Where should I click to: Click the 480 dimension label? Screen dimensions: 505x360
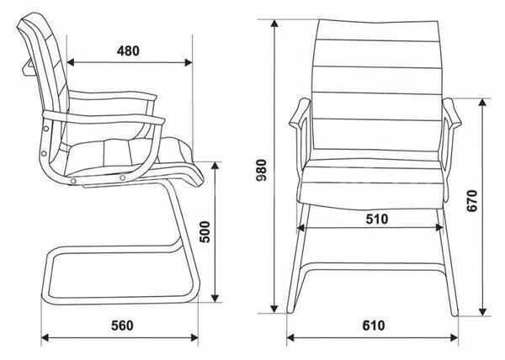point(128,50)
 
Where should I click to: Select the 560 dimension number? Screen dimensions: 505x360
point(122,326)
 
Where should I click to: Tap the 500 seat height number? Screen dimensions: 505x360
point(205,231)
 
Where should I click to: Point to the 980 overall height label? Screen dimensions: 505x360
point(261,170)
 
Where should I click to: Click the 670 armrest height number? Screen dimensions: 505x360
point(472,201)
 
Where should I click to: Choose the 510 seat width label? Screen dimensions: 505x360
point(377,219)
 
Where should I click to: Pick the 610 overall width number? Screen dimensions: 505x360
point(374,326)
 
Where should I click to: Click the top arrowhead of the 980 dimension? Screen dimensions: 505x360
point(274,24)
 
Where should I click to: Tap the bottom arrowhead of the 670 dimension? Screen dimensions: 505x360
point(482,311)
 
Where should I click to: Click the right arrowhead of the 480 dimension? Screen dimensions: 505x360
point(189,62)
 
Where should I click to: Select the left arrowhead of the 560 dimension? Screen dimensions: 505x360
point(45,338)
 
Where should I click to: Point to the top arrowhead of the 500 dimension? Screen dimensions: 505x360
point(215,166)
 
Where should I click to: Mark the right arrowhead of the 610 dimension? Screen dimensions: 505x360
point(454,338)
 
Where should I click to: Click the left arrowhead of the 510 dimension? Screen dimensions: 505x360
point(300,228)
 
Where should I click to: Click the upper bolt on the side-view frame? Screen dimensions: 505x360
point(46,129)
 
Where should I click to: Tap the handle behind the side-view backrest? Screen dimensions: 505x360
point(28,66)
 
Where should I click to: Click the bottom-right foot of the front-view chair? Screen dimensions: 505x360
point(454,313)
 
